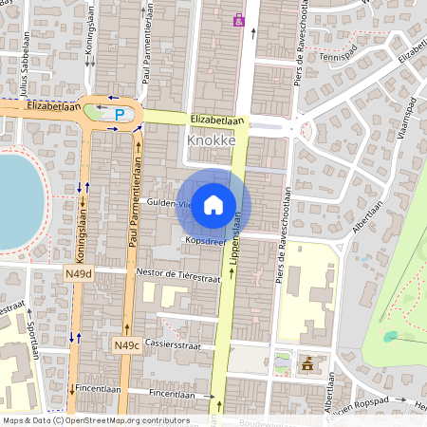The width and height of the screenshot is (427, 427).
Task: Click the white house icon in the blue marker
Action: point(213,205)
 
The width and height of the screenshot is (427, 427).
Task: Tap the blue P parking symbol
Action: point(120,115)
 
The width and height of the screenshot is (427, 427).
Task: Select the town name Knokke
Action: point(211,139)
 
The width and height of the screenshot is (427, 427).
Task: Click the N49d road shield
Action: point(78,274)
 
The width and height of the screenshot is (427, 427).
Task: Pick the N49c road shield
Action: point(126,344)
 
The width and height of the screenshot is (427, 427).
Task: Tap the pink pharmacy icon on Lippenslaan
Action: point(238,18)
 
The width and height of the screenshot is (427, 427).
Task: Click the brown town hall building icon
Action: point(306,363)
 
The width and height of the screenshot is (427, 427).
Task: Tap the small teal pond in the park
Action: point(390,336)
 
